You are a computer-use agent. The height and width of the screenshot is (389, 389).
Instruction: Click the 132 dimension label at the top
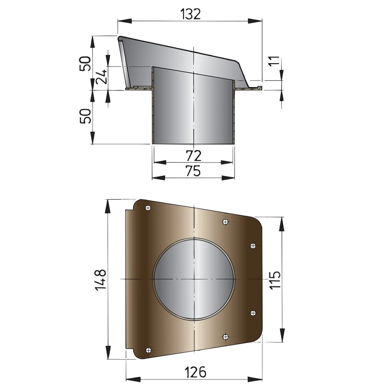pos(190,14)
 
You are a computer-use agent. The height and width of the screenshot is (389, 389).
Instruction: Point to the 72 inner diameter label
pos(193,156)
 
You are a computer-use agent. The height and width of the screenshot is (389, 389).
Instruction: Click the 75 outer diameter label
pos(193,171)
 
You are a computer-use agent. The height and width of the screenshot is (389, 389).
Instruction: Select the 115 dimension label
pos(275,279)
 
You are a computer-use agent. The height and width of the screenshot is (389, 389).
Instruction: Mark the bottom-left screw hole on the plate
pos(147,350)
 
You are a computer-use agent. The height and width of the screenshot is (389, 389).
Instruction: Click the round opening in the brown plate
pos(194,279)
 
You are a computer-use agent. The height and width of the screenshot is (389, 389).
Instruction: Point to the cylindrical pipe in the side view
pos(193,109)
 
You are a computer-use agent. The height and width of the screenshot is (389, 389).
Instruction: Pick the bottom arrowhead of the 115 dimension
pos(282,338)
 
